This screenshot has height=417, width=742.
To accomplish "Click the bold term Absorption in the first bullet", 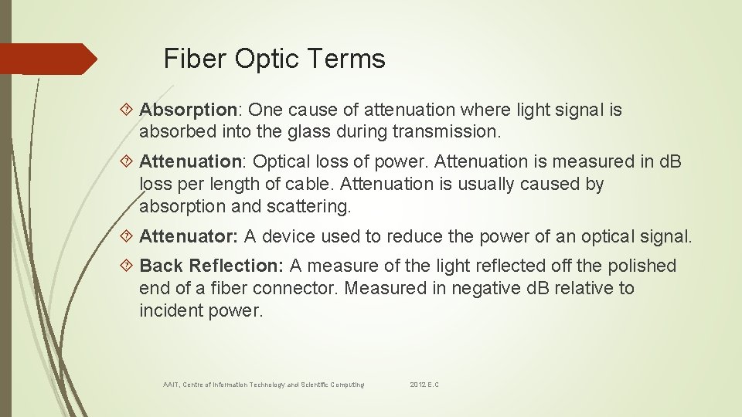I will click(x=187, y=110).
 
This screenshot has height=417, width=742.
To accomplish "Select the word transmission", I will click(x=447, y=132).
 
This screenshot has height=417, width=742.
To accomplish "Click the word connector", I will click(x=299, y=288).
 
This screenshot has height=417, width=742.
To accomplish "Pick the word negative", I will click(x=471, y=288).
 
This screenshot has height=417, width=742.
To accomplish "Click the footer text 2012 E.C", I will click(x=424, y=385).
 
